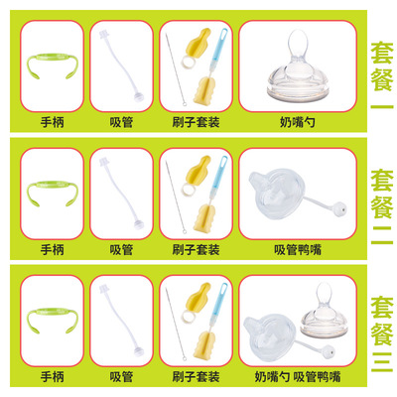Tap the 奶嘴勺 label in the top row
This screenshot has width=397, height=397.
[x=298, y=122]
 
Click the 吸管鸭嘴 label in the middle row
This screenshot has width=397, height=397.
[x=298, y=250]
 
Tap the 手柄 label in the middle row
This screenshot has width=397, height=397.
[x=53, y=250]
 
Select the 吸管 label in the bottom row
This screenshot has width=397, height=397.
[x=121, y=377]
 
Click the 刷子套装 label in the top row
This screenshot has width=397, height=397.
[x=196, y=122]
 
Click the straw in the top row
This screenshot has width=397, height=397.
[x=121, y=66]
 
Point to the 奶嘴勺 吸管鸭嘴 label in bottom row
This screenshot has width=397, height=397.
[x=298, y=377]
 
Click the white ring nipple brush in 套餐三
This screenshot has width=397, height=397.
[x=188, y=318]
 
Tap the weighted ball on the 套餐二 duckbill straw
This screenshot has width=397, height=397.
[x=340, y=209]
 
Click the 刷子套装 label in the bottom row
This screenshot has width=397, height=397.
[x=196, y=377]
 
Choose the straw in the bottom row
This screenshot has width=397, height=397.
[x=121, y=321]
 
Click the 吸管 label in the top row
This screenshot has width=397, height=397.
[x=121, y=122]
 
